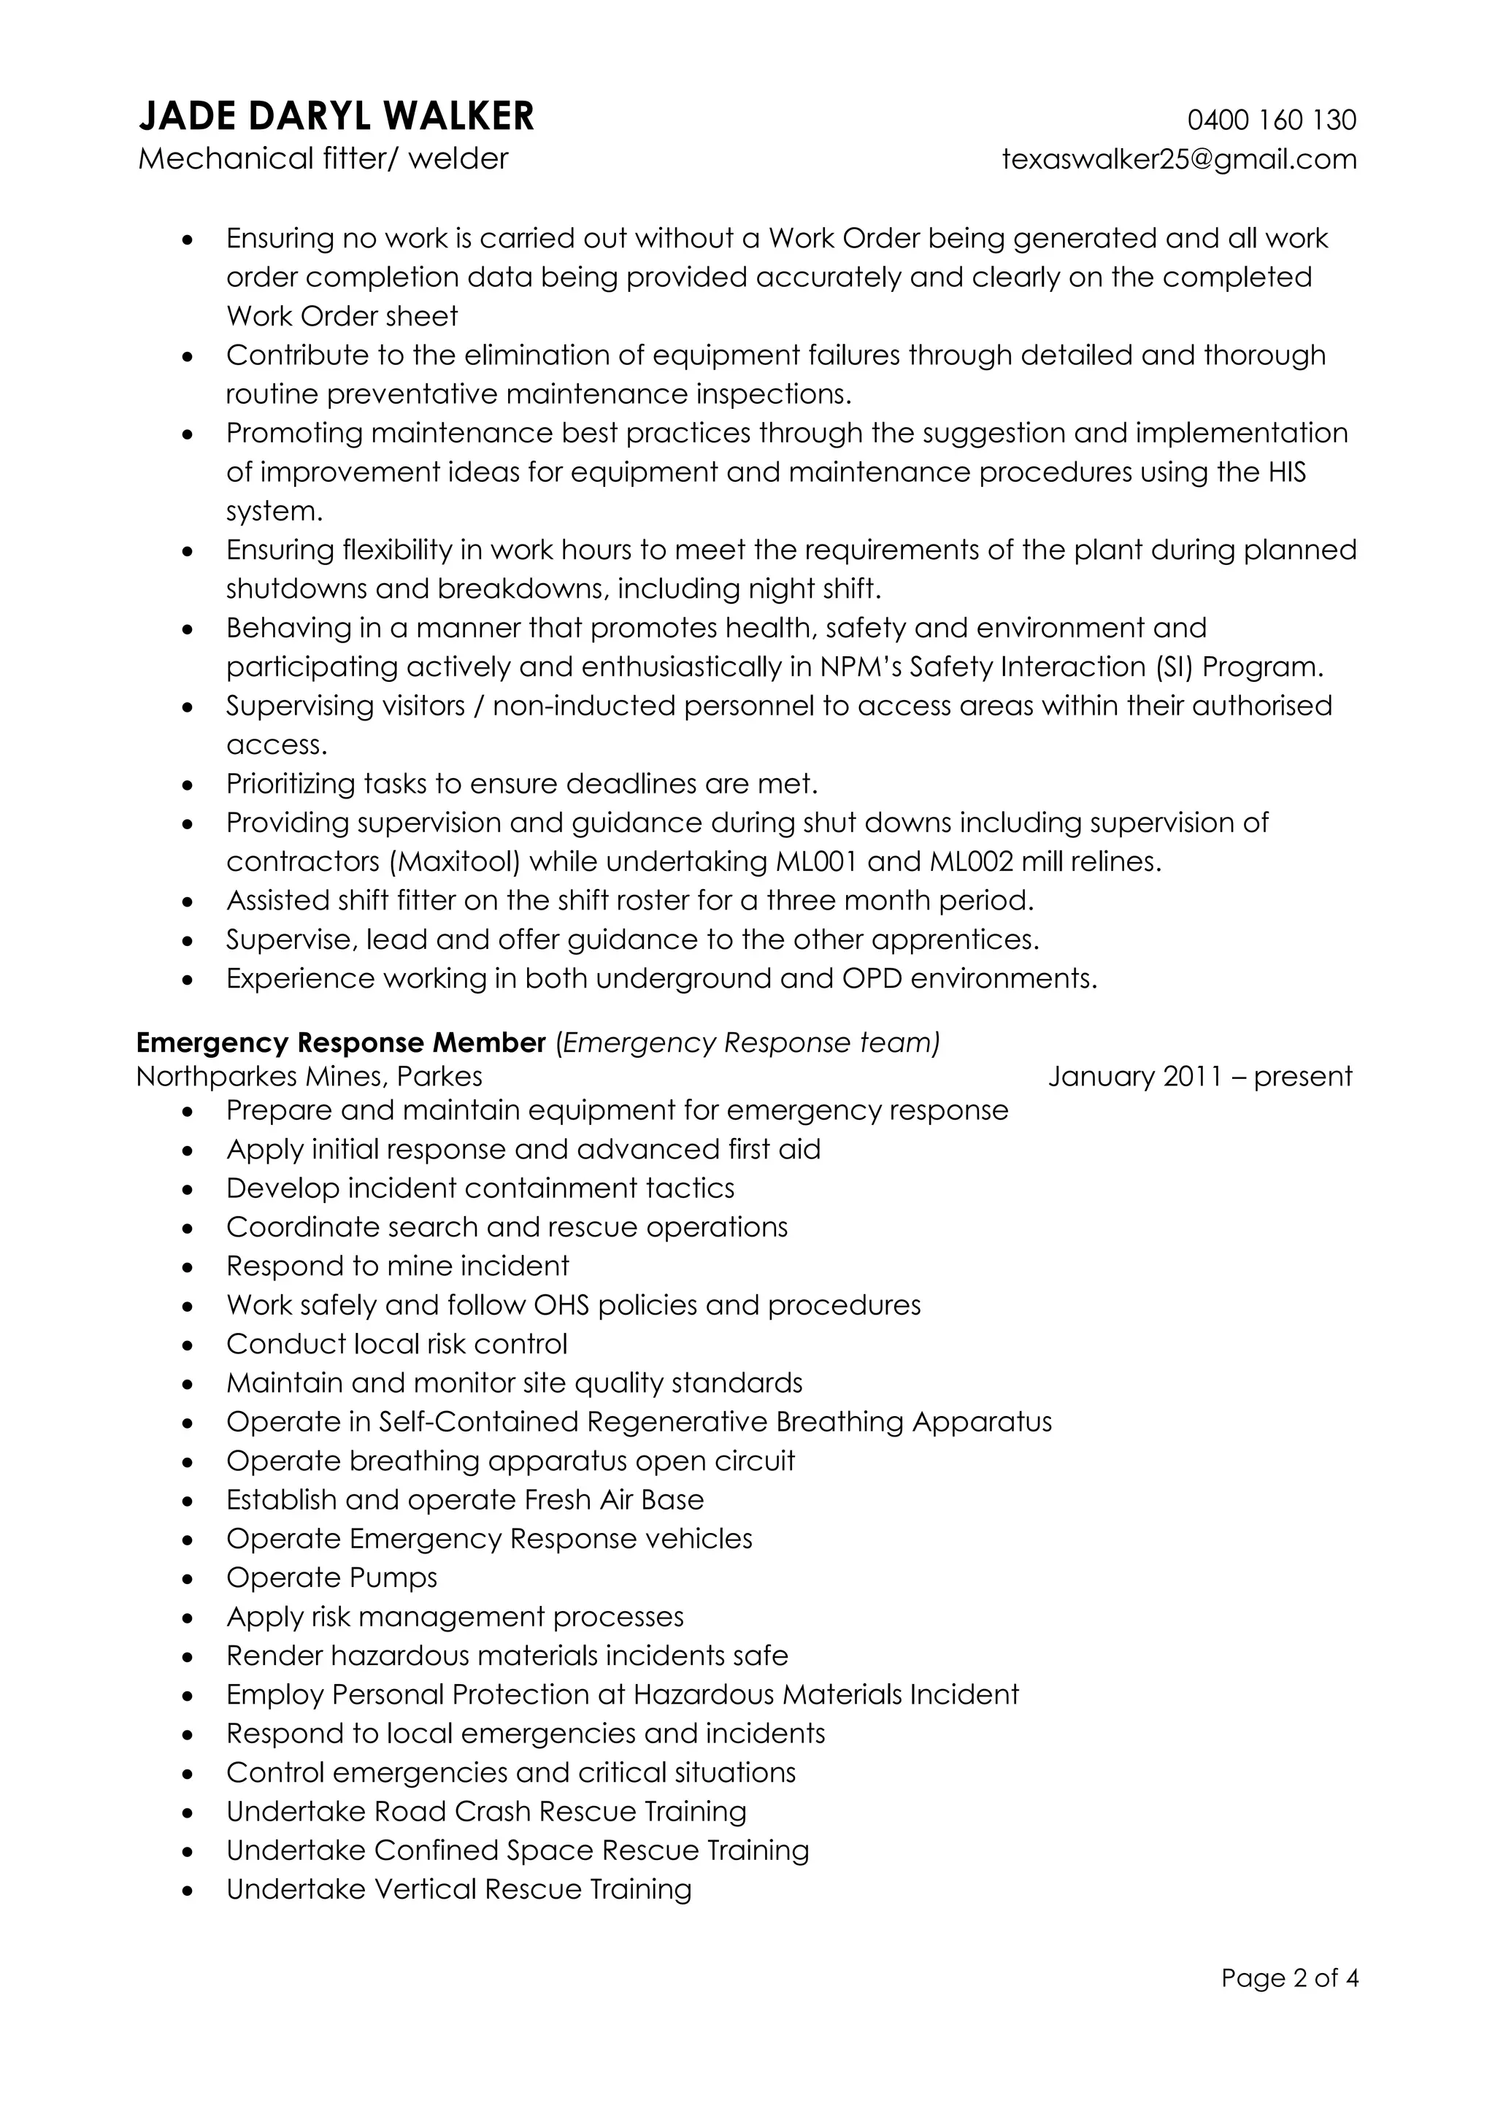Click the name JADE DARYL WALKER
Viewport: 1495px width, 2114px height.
pos(336,117)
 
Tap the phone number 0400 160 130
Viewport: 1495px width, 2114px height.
pos(1272,120)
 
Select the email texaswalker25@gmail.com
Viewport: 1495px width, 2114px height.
pos(1179,159)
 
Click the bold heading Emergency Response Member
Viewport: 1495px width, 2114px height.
pos(341,1042)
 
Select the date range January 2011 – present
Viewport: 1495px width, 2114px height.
pos(1199,1076)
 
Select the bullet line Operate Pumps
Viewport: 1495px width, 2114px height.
pos(331,1577)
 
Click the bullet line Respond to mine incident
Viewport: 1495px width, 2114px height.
pos(398,1266)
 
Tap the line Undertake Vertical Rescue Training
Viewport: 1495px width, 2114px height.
pos(458,1889)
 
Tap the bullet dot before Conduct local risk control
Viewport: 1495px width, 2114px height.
pos(188,1346)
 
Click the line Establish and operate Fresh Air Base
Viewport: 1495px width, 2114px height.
pos(465,1500)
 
